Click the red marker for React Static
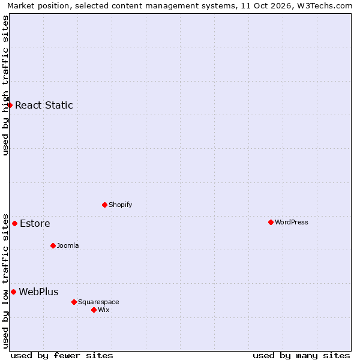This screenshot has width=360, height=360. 10,106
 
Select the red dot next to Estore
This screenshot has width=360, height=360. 14,223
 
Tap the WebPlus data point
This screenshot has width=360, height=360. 14,292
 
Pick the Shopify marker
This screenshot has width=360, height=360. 104,205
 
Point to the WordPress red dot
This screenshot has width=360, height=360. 271,222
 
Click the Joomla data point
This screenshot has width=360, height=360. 53,245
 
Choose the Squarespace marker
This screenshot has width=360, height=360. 74,302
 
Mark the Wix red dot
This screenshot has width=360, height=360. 94,310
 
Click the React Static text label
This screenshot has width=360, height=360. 44,105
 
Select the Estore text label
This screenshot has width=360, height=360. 35,223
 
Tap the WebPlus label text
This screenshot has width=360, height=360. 38,292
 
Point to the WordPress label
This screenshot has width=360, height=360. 292,222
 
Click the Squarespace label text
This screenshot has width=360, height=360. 98,302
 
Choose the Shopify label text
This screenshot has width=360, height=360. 121,205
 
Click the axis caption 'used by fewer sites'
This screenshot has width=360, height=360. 62,356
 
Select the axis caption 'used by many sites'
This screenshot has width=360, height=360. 301,356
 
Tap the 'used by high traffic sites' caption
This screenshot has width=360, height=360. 5,85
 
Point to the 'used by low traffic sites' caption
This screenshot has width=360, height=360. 5,281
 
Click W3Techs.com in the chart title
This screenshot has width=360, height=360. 325,6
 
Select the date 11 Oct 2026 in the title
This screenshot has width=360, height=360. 266,6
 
